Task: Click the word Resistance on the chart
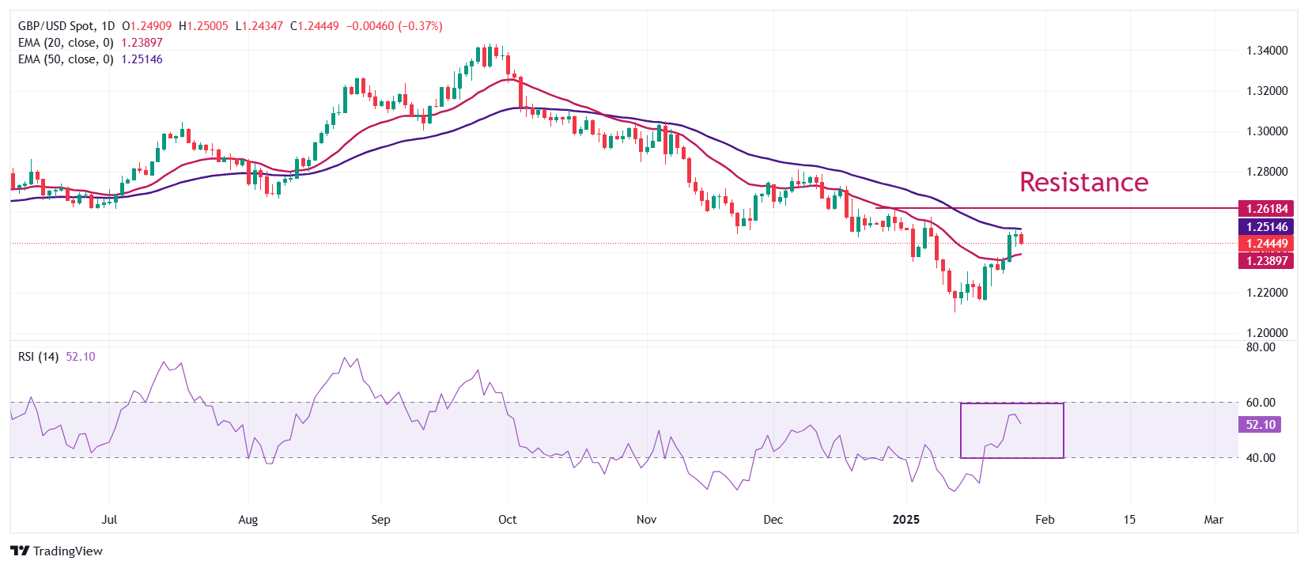(1083, 182)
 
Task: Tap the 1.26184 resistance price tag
(1267, 209)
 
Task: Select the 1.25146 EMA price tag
(1267, 227)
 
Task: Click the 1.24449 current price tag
(1267, 244)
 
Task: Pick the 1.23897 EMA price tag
(1267, 261)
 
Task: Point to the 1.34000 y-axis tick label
(1267, 51)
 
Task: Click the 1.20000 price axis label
(1267, 333)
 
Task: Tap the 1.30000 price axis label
(1267, 131)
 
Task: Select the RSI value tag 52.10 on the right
(1261, 425)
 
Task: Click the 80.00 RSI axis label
(1261, 347)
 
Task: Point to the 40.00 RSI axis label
(1261, 458)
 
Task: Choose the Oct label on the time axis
(508, 520)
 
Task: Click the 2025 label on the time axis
(905, 520)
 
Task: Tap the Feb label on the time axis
(1045, 520)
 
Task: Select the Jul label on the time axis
(110, 520)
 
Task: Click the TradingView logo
(57, 551)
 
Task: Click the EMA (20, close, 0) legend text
(66, 43)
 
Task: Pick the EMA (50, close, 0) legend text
(66, 59)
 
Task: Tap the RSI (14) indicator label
(38, 357)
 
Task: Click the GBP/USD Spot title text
(56, 26)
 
